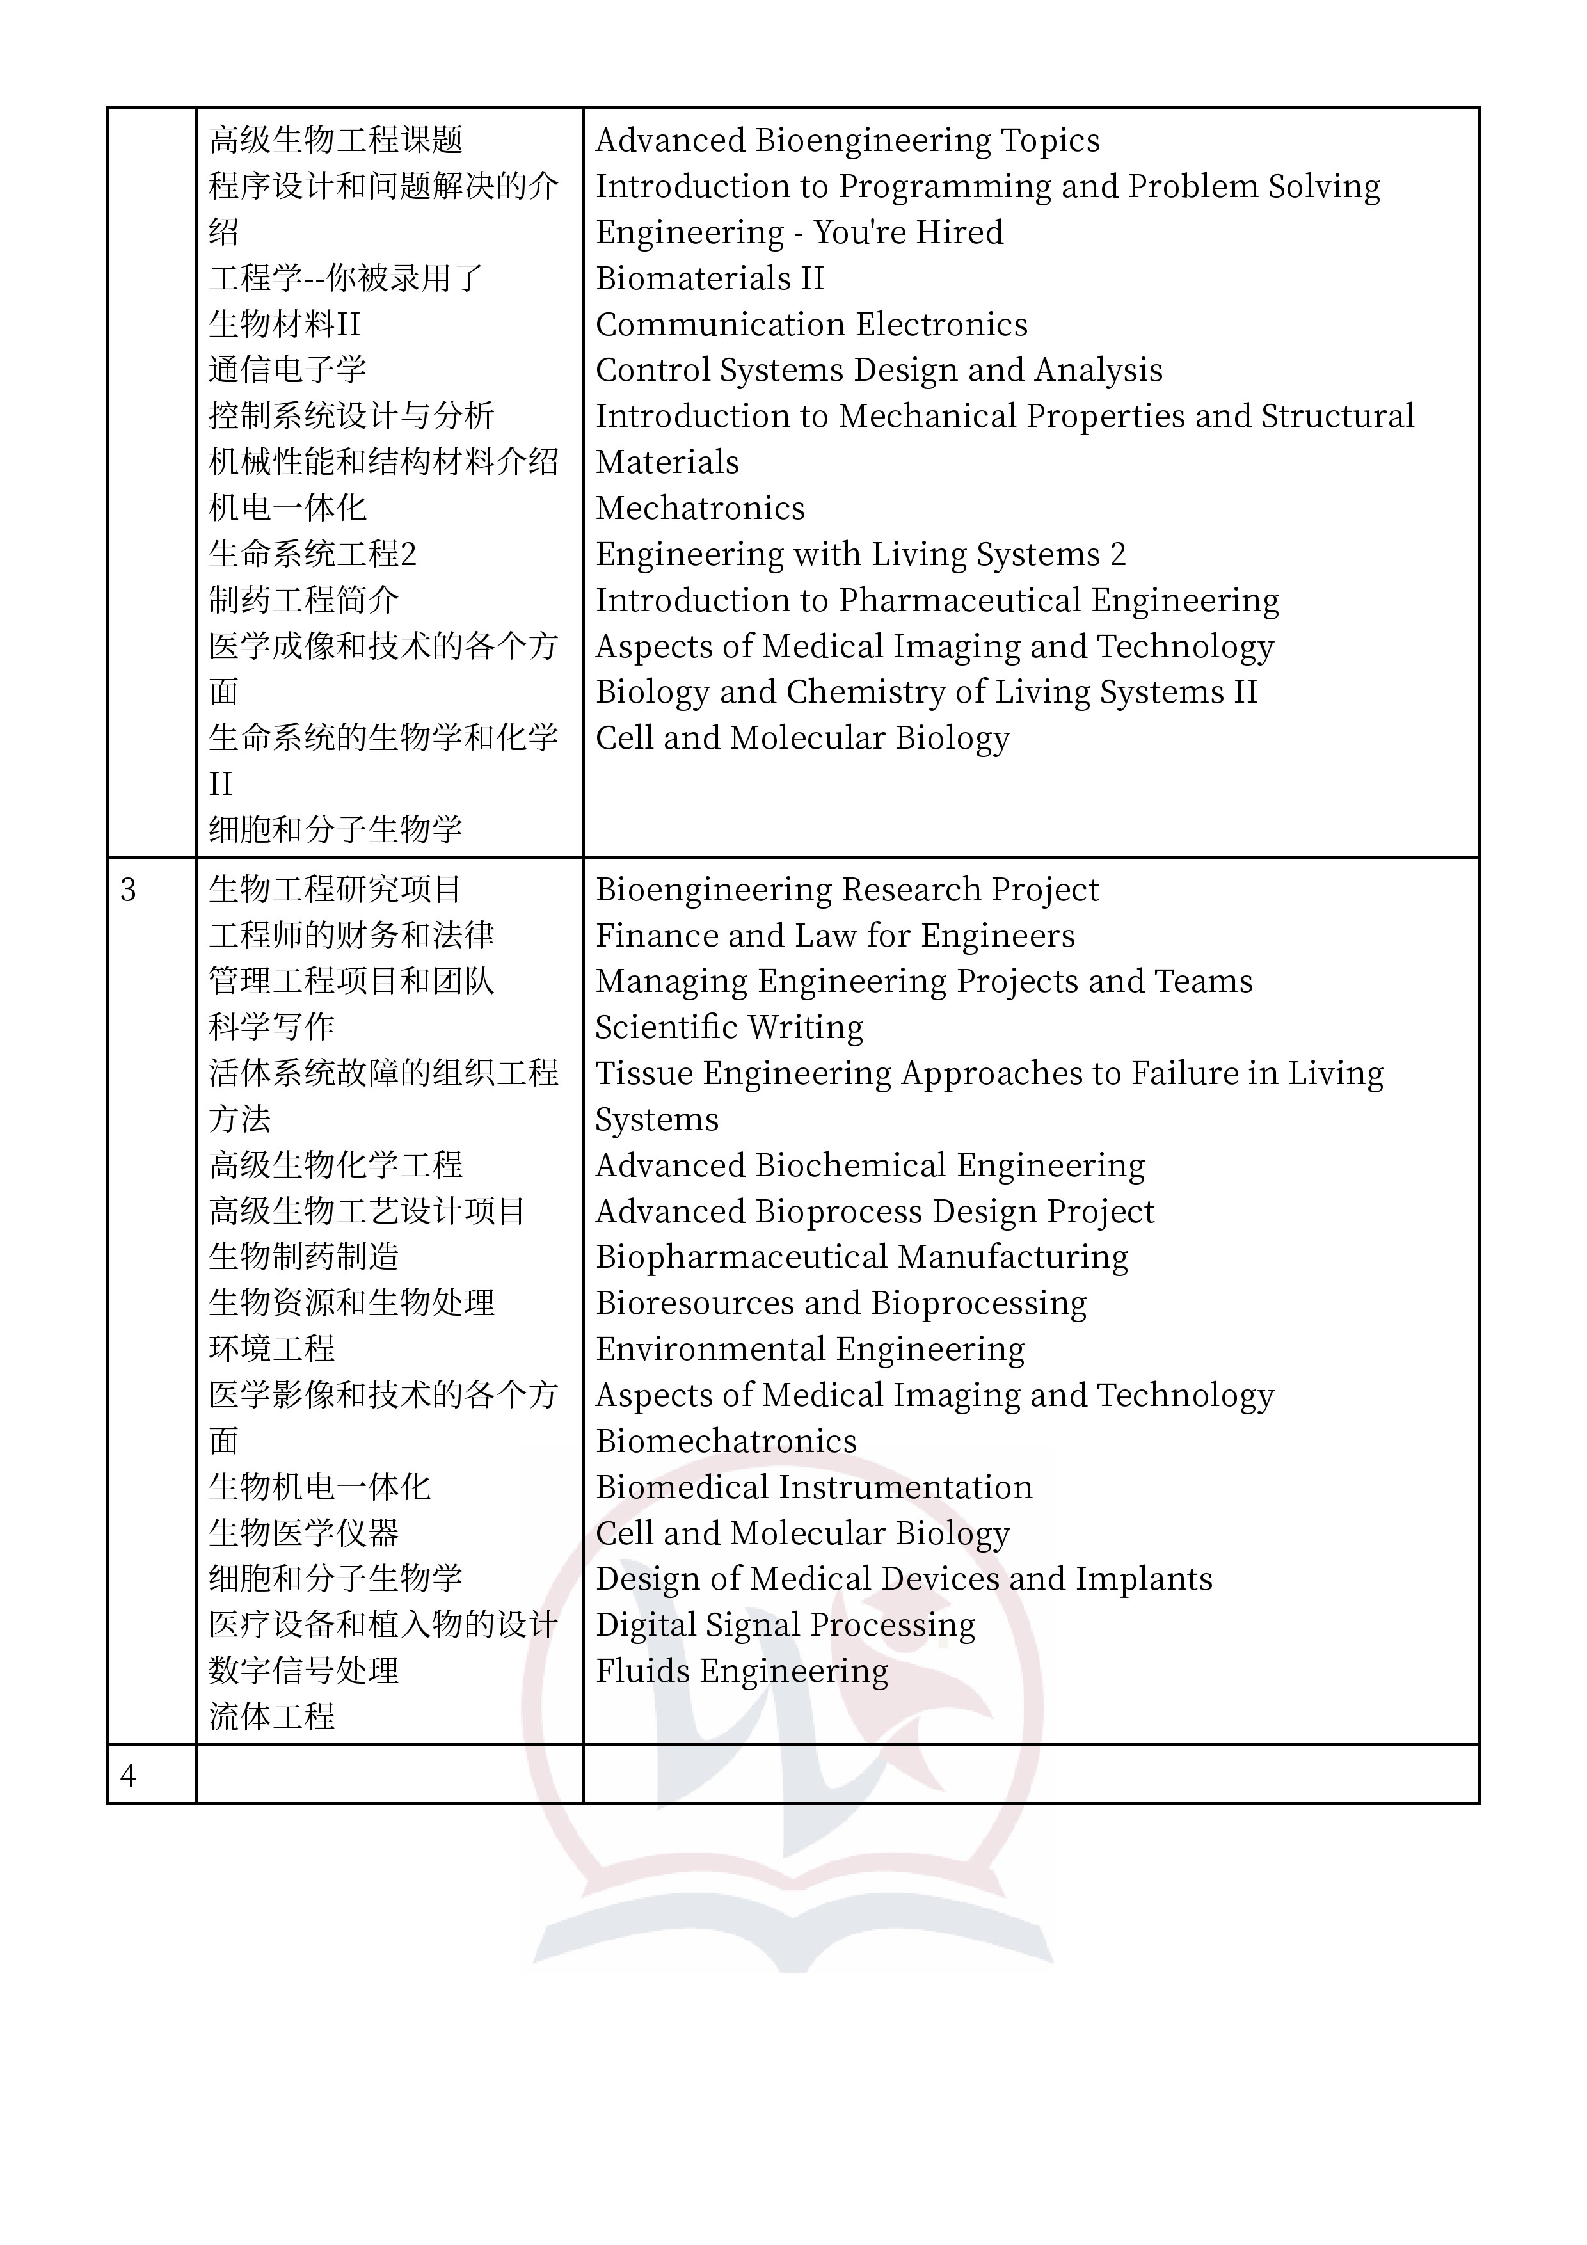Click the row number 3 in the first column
(128, 890)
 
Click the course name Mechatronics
(700, 508)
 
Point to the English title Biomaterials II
(710, 278)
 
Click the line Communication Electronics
(811, 324)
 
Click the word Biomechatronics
(726, 1441)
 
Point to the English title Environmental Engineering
(809, 1349)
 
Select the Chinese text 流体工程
(272, 1717)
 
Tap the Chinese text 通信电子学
(287, 370)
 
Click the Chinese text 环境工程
(272, 1349)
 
